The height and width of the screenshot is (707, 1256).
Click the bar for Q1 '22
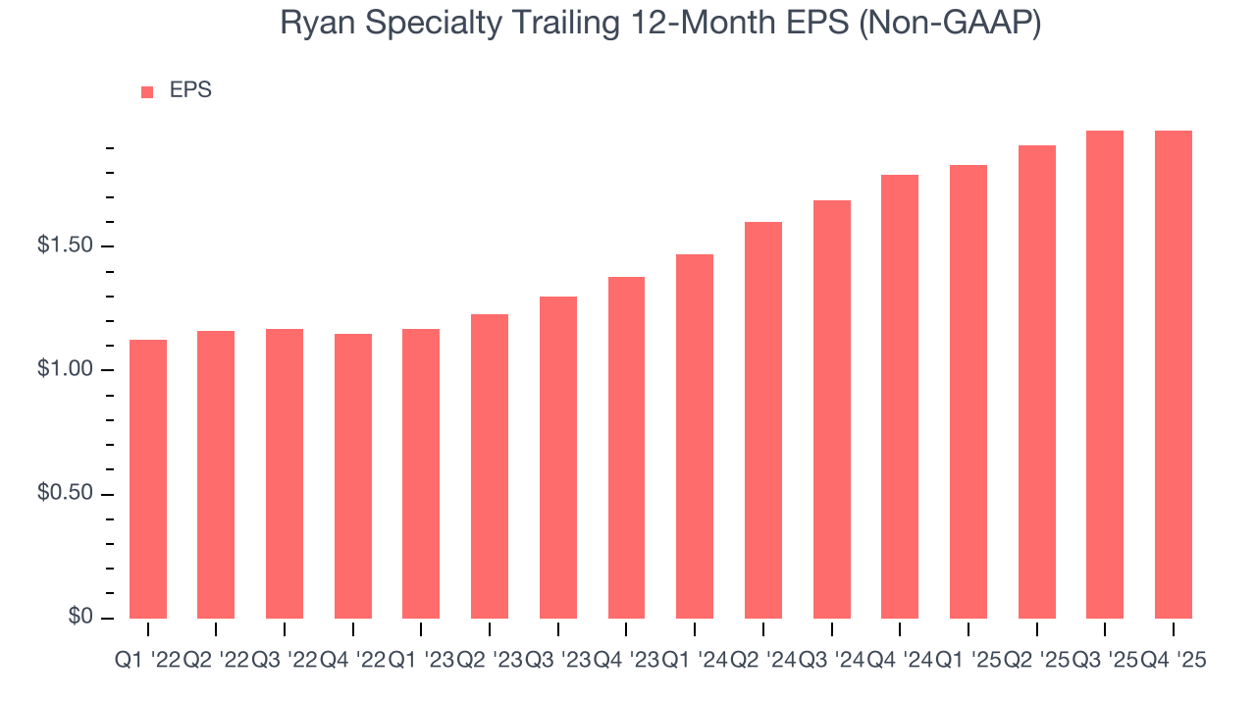coord(148,479)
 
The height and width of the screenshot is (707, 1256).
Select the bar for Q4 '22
coord(353,476)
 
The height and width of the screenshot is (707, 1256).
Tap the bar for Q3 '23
coord(558,458)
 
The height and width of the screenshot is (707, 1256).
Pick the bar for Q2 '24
coord(763,420)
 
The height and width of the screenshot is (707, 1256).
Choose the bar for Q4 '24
coord(900,397)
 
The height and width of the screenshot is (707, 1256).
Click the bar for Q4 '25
coord(1174,374)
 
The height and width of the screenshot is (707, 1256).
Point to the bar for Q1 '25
coord(968,392)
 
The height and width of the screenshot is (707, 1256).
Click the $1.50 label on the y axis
coord(66,245)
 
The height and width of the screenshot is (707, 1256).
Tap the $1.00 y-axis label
coord(66,369)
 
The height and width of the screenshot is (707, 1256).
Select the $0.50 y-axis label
coord(66,493)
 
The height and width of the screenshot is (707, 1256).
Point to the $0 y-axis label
coord(80,617)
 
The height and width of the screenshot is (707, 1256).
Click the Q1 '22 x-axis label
coord(147,661)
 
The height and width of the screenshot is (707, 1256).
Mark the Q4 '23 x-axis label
coord(626,661)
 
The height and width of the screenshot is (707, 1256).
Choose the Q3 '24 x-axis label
coord(831,661)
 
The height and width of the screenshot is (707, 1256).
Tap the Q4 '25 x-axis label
coord(1174,661)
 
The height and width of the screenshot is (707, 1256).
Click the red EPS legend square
coord(147,91)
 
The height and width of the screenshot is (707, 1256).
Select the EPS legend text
coord(190,90)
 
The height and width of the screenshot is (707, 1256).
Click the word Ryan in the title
coord(310,24)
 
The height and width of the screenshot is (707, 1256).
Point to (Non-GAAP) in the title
coord(949,24)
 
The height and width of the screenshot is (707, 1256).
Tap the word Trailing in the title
coord(565,24)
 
